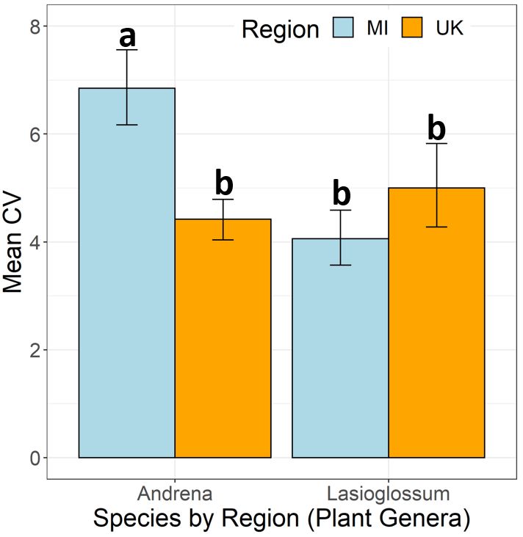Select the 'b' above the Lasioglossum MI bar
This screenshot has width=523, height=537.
(x=341, y=194)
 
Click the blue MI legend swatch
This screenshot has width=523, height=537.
(x=345, y=29)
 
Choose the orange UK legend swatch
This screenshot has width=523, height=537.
(x=414, y=29)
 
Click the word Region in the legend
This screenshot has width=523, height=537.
(x=280, y=29)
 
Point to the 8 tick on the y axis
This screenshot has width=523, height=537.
(x=34, y=26)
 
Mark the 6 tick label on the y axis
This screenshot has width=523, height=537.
(x=34, y=134)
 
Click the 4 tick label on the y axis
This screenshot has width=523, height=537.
(x=34, y=242)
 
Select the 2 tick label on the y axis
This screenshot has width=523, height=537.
(x=34, y=350)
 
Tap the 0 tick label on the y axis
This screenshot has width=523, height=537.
(x=34, y=458)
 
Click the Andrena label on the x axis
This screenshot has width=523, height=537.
(x=175, y=492)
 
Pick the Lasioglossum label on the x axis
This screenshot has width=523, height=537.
(x=388, y=492)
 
